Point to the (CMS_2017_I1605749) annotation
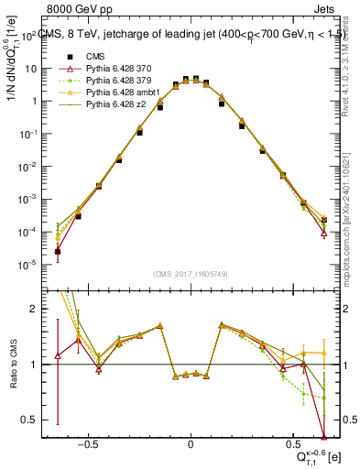pyautogui.click(x=190, y=274)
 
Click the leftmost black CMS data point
pyautogui.click(x=58, y=251)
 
